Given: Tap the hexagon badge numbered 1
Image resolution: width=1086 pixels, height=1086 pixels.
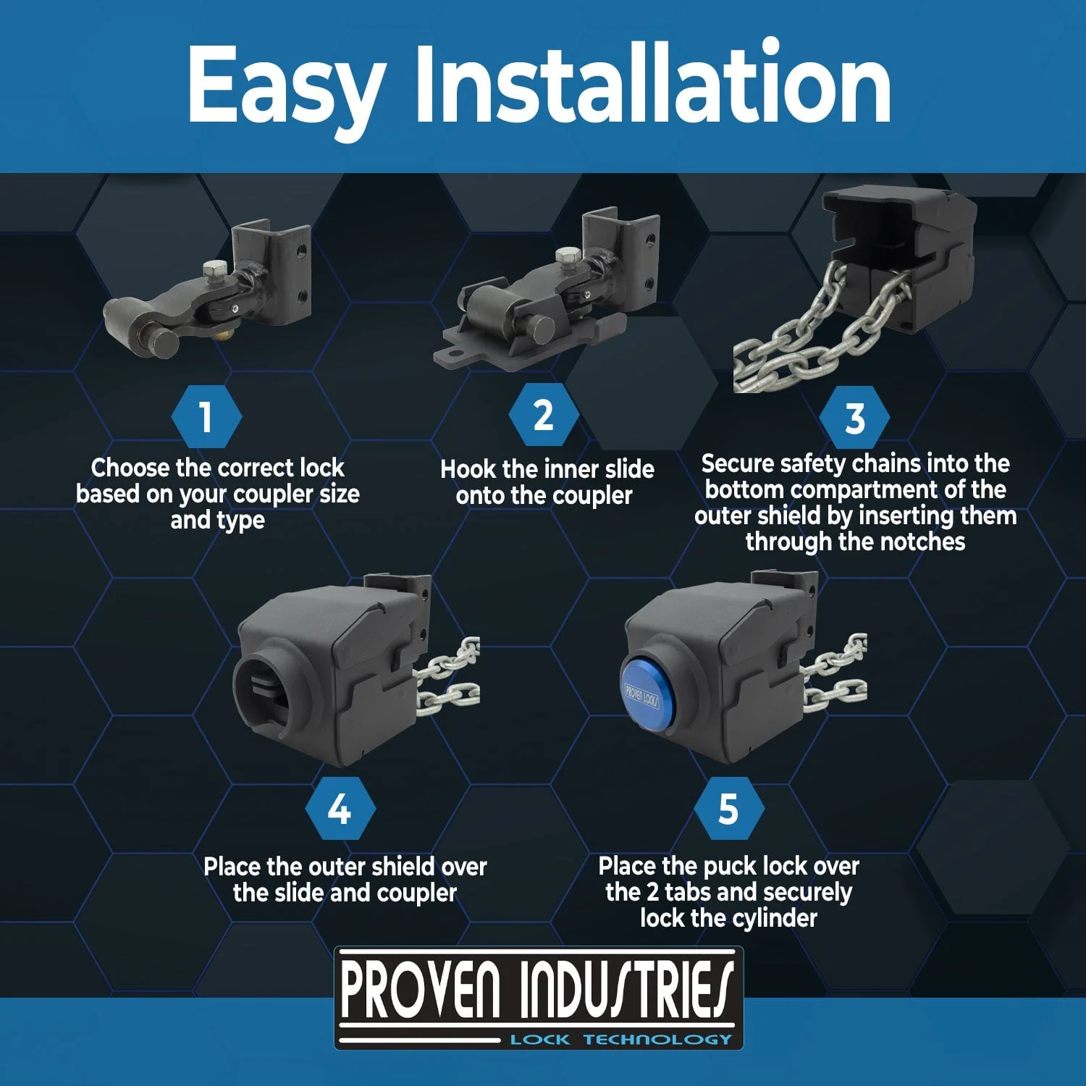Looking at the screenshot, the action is click(206, 417).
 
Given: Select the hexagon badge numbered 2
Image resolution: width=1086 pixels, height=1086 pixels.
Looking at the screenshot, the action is click(543, 416).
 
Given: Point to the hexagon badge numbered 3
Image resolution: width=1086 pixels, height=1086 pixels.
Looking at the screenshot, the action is click(855, 418).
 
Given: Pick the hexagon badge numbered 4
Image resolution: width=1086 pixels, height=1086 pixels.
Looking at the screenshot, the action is click(340, 809).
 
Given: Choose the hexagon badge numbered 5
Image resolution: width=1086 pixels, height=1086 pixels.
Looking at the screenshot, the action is click(728, 809).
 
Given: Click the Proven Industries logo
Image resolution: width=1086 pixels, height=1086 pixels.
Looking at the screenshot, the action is click(539, 998).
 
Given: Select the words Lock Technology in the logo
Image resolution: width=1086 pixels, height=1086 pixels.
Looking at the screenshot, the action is click(621, 1040).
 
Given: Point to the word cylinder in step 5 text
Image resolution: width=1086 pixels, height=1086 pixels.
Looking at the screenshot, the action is click(775, 918).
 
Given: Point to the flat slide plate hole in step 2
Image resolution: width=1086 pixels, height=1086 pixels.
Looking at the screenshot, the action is click(457, 354).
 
